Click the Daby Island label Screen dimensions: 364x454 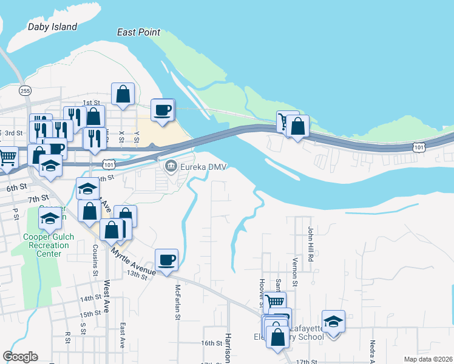coord(53,27)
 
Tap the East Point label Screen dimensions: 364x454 coord(139,32)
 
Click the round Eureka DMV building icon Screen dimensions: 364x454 coord(171,165)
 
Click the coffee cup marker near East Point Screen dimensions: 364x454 coord(162,110)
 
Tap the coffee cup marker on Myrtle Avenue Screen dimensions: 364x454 coord(166,260)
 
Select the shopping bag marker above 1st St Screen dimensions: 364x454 coord(123,94)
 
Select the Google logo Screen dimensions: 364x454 coord(20,357)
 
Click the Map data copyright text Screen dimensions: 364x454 coord(428,359)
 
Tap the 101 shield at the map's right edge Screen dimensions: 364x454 coord(418,147)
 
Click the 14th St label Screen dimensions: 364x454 coord(90,298)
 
